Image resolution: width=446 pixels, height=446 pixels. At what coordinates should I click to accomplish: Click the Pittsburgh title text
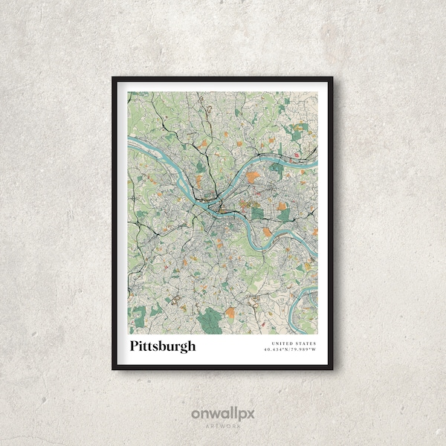tap(163, 346)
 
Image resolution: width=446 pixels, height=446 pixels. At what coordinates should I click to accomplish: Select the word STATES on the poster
tap(305, 343)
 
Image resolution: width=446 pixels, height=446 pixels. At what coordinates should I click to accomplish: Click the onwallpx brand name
tap(223, 413)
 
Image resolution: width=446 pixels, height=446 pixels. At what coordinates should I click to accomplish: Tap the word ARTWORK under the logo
tap(223, 426)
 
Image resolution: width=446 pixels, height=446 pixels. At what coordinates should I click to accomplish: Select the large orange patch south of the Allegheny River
tap(253, 177)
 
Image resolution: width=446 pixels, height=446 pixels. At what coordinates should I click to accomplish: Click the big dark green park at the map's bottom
tap(210, 319)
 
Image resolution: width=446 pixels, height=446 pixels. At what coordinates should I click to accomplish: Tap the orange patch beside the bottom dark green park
tap(230, 313)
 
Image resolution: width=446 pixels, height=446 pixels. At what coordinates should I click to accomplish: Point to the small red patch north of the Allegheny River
tap(297, 155)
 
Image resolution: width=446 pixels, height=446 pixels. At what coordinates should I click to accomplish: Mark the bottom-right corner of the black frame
tap(331, 368)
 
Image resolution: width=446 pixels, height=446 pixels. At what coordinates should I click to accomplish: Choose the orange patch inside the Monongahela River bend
tap(267, 232)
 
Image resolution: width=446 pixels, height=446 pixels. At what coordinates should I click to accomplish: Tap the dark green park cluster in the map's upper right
tap(297, 134)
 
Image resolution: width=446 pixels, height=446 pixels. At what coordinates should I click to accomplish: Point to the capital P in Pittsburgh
tap(135, 346)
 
